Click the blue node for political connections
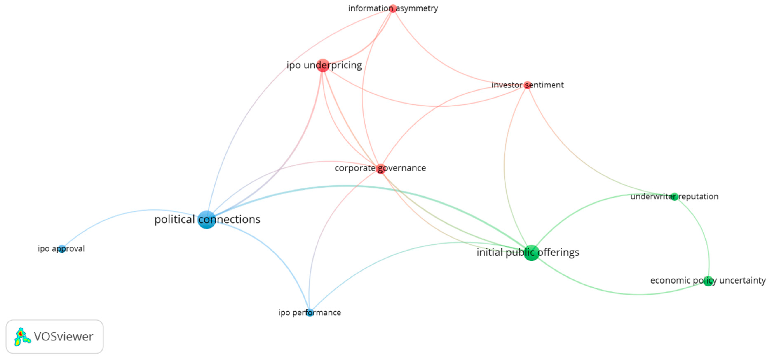tap(207, 220)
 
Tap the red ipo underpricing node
tap(323, 65)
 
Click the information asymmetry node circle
tap(393, 8)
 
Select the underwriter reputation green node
tap(674, 197)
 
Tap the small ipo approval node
tap(62, 249)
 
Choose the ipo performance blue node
tap(310, 313)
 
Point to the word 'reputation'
tap(698, 197)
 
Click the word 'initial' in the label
tap(489, 253)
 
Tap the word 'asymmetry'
tap(417, 8)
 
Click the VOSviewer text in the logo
tap(63, 337)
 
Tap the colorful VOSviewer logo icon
tap(22, 337)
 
